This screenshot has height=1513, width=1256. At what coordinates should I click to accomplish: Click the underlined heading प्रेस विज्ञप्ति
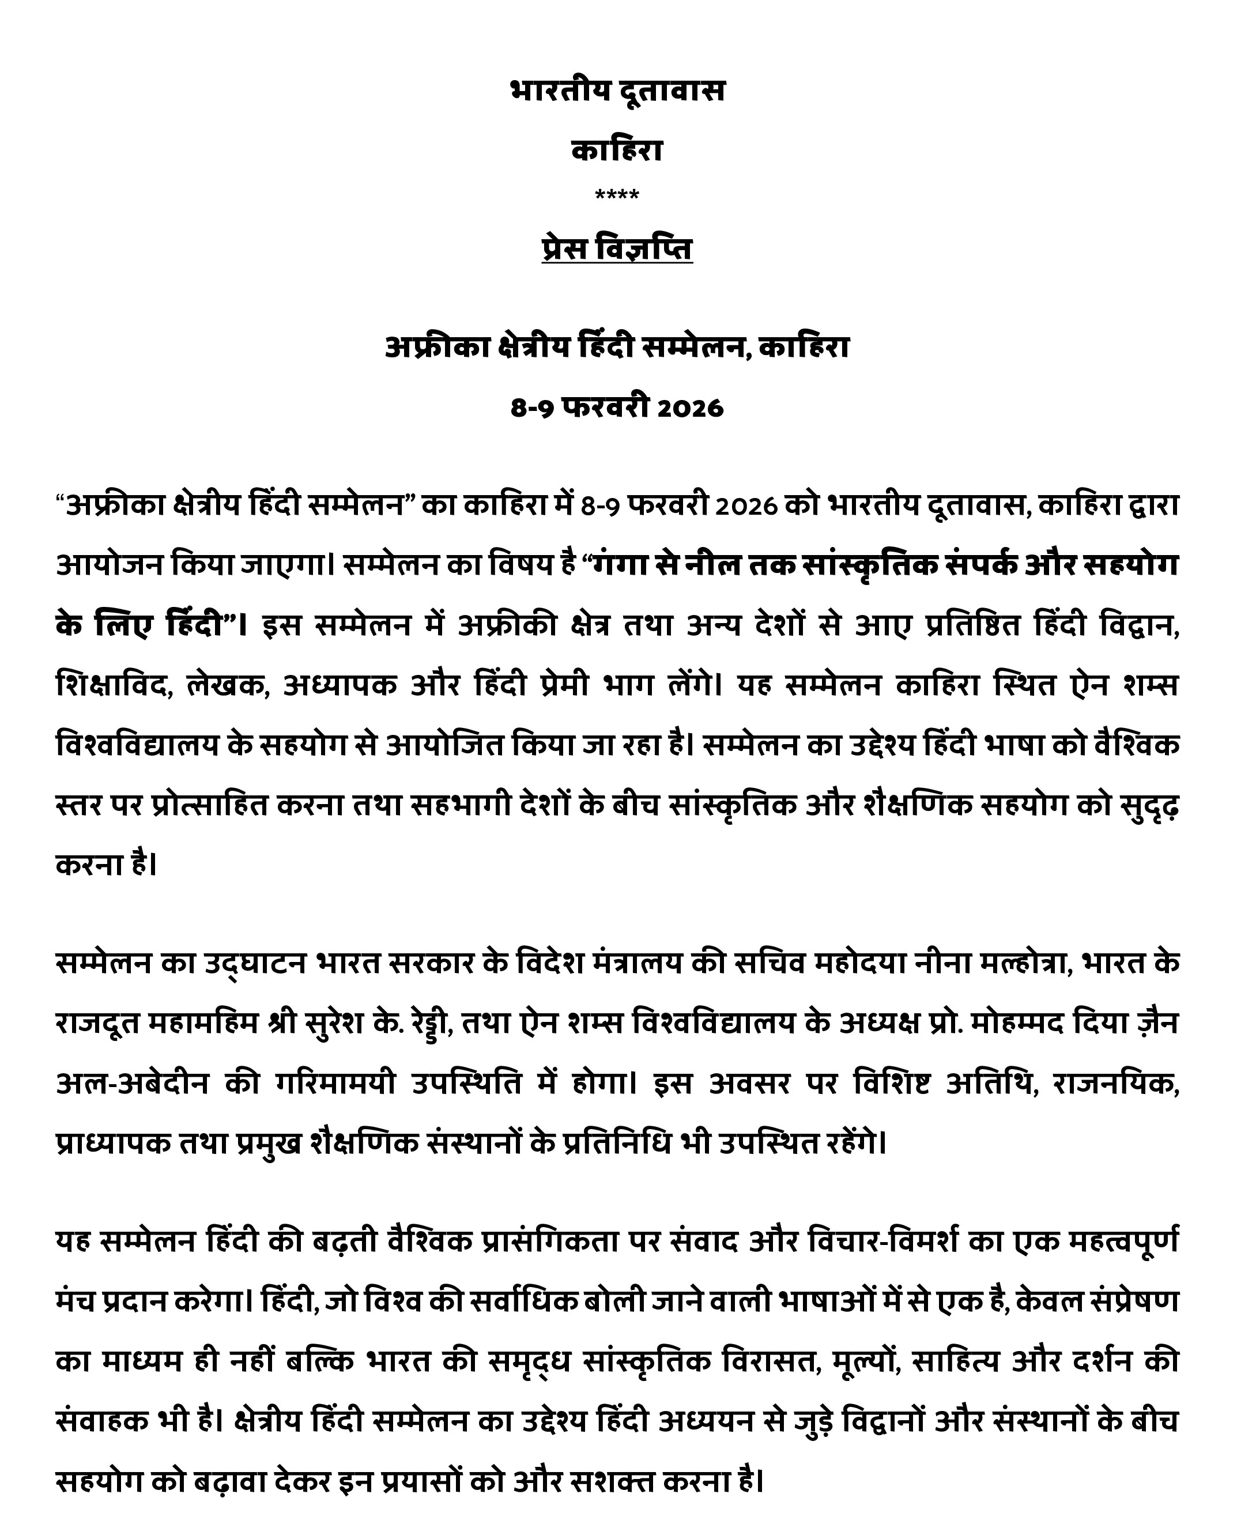click(x=617, y=248)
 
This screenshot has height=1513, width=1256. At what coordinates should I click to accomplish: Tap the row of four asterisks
click(x=617, y=195)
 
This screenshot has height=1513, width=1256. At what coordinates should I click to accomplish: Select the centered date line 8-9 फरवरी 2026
click(x=617, y=408)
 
